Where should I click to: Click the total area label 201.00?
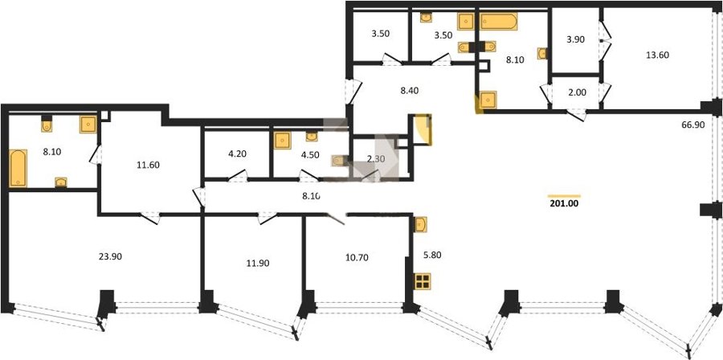[x=564, y=202]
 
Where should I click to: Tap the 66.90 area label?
[x=693, y=125]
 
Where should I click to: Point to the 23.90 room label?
[x=110, y=257]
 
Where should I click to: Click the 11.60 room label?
[x=148, y=165]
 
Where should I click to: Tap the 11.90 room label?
[x=257, y=264]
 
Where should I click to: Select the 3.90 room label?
[x=575, y=39]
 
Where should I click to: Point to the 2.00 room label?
[x=577, y=92]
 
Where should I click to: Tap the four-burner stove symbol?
[x=423, y=280]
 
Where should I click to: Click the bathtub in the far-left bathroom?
[x=18, y=168]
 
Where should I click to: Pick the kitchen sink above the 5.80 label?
[x=420, y=224]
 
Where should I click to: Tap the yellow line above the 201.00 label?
[x=564, y=196]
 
